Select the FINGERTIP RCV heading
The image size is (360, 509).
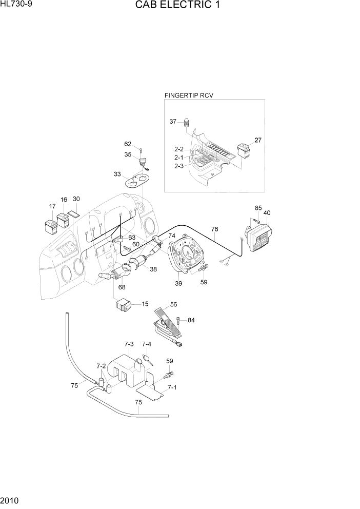pyautogui.click(x=188, y=95)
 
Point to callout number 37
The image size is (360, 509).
pyautogui.click(x=173, y=122)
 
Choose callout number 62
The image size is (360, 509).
pyautogui.click(x=128, y=144)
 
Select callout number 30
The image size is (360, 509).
pyautogui.click(x=76, y=199)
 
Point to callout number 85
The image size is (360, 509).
pyautogui.click(x=258, y=208)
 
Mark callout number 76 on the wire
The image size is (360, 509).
pyautogui.click(x=214, y=229)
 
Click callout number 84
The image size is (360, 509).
pyautogui.click(x=191, y=320)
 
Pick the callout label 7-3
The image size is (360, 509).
pyautogui.click(x=129, y=344)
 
